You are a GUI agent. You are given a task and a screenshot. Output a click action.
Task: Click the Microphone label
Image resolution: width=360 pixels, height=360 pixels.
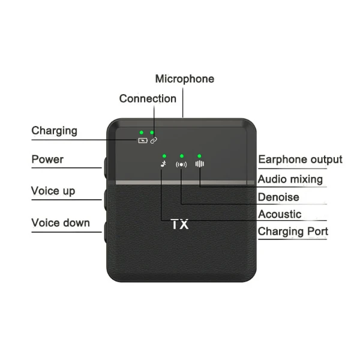pos(185,79)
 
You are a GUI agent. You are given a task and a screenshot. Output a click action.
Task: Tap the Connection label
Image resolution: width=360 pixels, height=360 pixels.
pos(148,99)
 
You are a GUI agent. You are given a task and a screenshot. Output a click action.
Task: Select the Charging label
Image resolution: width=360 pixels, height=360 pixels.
pos(54,131)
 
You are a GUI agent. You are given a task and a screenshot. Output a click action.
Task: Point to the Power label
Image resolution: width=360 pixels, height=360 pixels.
pos(47,160)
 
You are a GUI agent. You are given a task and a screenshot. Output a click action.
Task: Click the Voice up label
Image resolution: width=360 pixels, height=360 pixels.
pos(53,191)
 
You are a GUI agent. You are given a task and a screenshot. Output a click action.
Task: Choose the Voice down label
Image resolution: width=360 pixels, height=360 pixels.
pos(61,223)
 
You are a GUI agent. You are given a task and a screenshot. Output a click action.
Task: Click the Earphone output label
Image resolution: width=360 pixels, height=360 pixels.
pos(300,160)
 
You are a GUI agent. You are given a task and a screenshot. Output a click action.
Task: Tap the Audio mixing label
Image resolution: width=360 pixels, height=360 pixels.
pos(290,179)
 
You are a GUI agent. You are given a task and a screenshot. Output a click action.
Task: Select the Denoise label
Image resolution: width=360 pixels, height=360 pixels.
pos(278,197)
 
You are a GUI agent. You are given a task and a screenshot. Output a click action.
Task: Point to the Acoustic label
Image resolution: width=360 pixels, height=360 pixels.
pos(280,214)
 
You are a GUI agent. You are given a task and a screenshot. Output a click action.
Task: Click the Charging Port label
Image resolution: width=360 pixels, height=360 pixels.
pos(293,232)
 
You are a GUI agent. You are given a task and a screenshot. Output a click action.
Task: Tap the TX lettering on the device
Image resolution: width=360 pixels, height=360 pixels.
pos(180,224)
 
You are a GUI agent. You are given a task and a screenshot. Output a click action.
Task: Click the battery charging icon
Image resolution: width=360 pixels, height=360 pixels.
pos(143,140)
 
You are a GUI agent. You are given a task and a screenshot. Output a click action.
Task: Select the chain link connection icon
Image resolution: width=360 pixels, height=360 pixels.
pos(154,140)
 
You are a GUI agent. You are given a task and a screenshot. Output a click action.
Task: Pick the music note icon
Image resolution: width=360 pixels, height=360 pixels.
pos(163,164)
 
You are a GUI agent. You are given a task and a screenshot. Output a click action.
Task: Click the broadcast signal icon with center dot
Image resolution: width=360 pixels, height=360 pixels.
pos(181,164)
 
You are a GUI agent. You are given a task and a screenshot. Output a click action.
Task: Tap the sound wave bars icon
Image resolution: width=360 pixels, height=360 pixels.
pos(200,164)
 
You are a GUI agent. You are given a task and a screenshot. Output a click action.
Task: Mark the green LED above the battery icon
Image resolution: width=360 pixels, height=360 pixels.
pos(142,133)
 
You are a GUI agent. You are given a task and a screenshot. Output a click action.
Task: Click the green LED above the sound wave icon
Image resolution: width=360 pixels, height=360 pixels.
pos(199,156)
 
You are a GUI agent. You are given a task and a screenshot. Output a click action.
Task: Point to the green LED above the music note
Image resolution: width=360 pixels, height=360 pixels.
pos(164,156)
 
